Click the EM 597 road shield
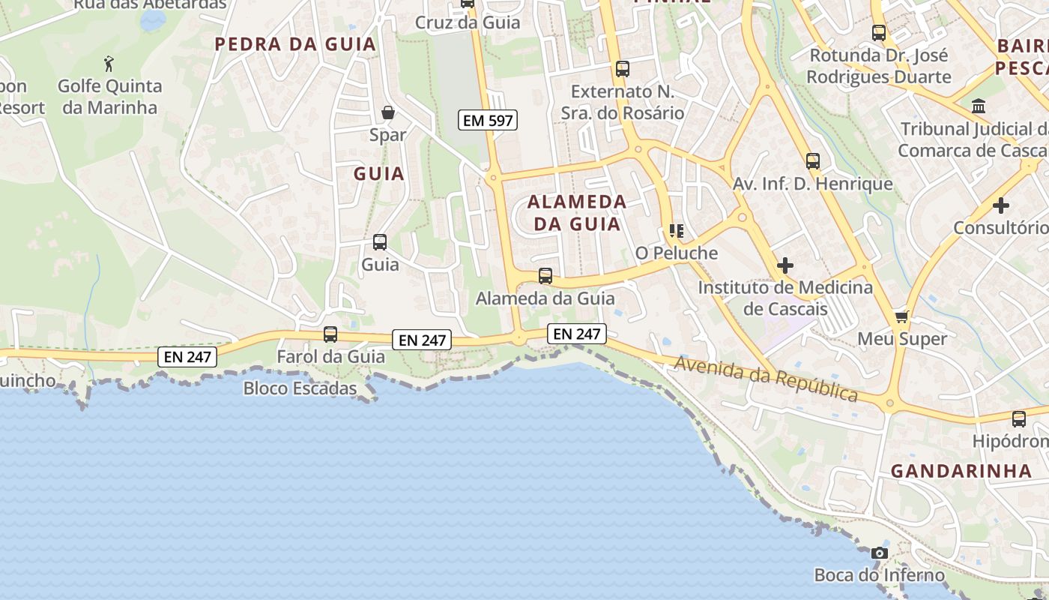488,120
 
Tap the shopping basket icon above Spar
388,113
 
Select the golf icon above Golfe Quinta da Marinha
110,63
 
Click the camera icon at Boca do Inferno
880,553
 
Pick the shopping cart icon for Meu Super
902,316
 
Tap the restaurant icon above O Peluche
677,231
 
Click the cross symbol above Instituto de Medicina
785,265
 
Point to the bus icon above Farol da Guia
330,334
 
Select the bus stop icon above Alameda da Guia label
545,276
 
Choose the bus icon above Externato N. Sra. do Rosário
622,69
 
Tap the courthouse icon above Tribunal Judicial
979,106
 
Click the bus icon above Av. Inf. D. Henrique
813,161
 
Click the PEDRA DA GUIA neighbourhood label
295,44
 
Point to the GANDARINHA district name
961,471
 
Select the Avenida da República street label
766,378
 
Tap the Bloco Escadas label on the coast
300,388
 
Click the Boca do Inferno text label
880,575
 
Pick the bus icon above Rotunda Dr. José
879,33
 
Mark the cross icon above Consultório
1001,205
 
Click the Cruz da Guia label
468,22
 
